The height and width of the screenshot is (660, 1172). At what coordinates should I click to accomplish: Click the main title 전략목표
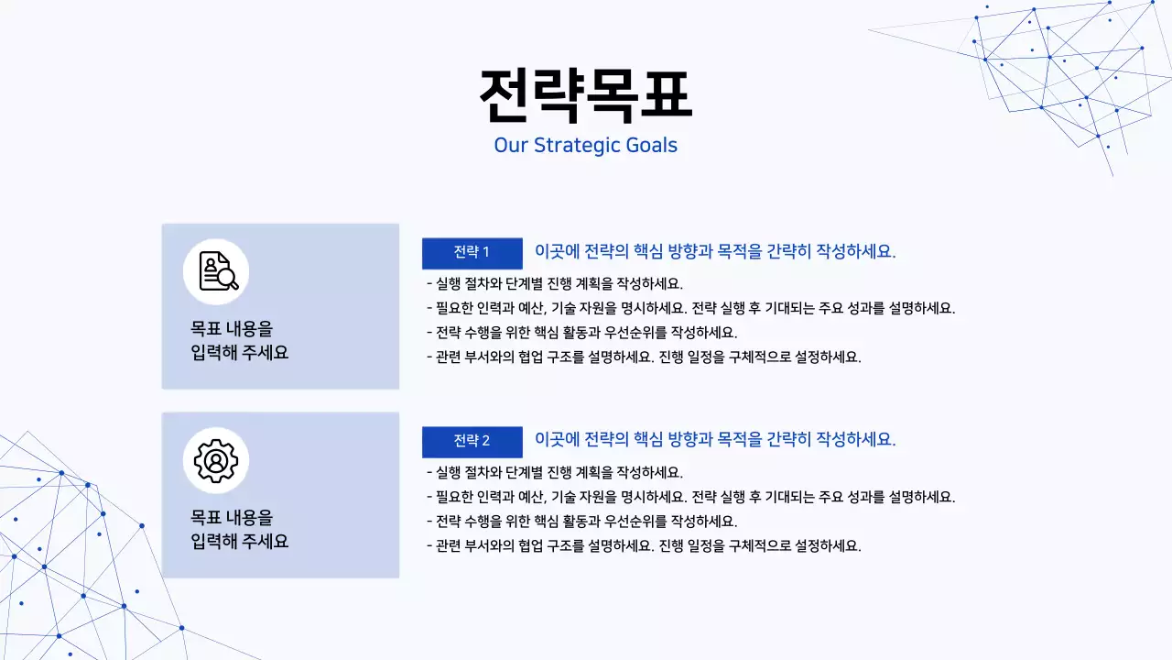click(x=585, y=95)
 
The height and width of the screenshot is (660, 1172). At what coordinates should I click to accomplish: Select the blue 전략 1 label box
click(x=472, y=253)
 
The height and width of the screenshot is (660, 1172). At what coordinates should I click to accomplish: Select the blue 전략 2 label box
click(x=472, y=442)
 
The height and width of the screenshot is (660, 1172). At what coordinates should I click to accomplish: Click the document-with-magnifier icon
click(x=216, y=271)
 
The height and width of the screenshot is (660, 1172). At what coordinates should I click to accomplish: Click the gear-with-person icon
click(x=216, y=460)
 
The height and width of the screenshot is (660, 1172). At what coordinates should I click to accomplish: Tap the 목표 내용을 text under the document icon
click(x=232, y=328)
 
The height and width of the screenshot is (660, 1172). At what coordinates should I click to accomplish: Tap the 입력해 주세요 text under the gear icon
click(x=240, y=542)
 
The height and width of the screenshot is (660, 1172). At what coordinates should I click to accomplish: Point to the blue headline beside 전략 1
click(x=715, y=252)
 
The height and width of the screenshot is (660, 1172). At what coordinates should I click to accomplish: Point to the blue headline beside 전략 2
click(x=715, y=440)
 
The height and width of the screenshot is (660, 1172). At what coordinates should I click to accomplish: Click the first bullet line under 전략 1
click(x=555, y=284)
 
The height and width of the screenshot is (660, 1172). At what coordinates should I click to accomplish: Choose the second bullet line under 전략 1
click(x=690, y=308)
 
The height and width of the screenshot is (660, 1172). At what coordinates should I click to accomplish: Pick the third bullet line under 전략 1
click(x=581, y=332)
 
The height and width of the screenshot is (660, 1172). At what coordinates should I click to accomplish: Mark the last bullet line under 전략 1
click(x=644, y=357)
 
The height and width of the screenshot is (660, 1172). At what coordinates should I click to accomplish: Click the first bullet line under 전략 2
click(x=555, y=473)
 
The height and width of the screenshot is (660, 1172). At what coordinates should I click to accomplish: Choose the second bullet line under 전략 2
click(x=690, y=497)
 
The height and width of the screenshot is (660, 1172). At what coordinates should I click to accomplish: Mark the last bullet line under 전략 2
click(x=644, y=545)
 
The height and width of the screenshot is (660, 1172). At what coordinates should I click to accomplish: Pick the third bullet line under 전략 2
click(x=581, y=521)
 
